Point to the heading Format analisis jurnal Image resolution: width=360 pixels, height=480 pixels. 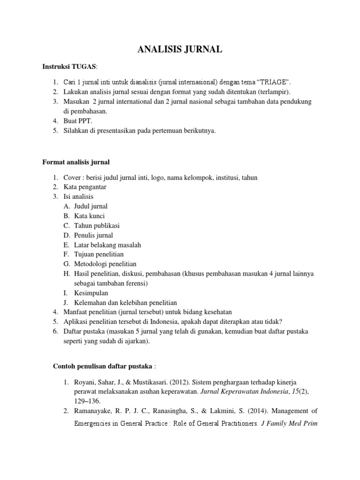coord(76,163)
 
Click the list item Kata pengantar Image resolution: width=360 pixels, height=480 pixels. coord(85,187)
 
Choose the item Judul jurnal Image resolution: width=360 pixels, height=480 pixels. coord(91,206)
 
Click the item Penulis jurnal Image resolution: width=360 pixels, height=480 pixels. coord(93,235)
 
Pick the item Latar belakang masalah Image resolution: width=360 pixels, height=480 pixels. coord(107,245)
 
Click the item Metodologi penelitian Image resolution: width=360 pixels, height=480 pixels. coord(105,264)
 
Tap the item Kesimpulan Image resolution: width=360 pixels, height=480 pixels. coord(91,293)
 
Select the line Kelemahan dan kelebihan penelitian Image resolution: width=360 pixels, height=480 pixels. coord(125,303)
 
